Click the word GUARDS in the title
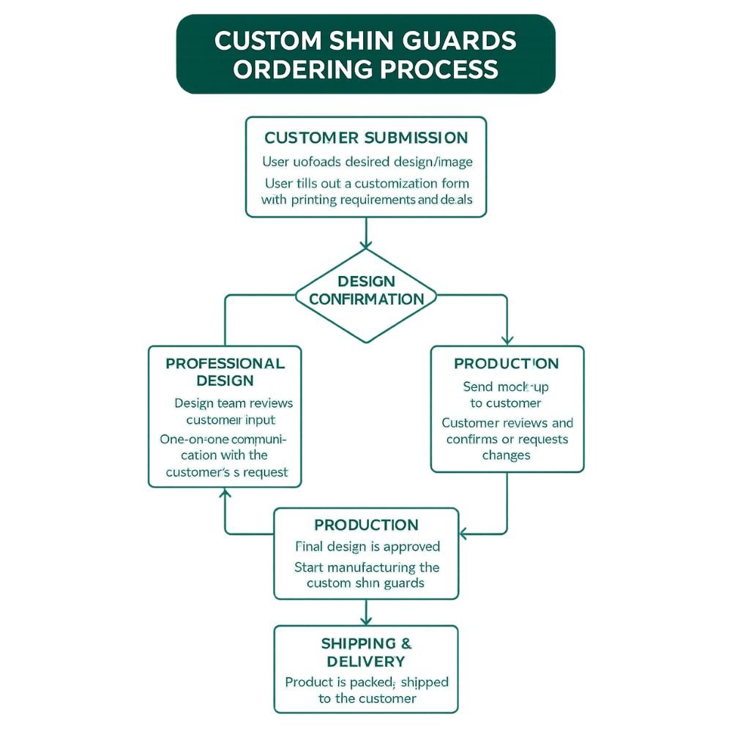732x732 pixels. (x=457, y=40)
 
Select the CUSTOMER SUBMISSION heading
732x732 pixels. (x=366, y=138)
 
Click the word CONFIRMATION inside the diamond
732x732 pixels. (x=366, y=299)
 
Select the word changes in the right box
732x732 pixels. (x=506, y=455)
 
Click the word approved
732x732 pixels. (x=414, y=546)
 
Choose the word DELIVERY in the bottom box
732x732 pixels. (x=366, y=662)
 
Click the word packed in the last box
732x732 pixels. (x=369, y=682)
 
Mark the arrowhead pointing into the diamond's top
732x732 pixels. (x=366, y=244)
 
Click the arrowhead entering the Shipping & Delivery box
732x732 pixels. (x=366, y=621)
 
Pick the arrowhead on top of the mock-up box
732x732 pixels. (x=507, y=340)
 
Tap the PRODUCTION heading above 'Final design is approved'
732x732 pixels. (x=366, y=525)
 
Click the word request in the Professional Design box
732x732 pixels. (x=264, y=472)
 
